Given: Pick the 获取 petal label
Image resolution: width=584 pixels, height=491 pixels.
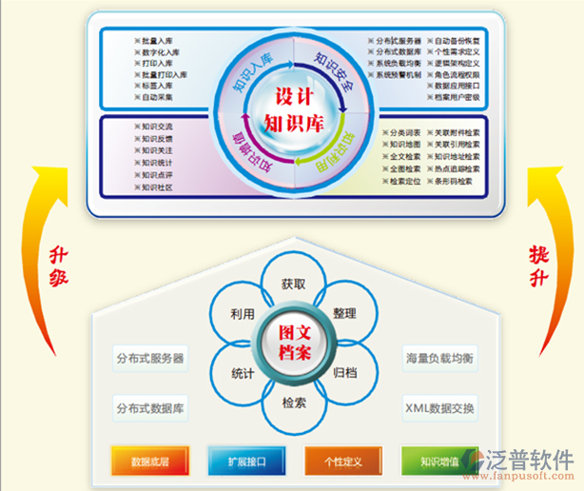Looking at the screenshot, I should pyautogui.click(x=293, y=284).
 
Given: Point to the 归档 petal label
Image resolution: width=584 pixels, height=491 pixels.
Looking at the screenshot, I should pyautogui.click(x=344, y=373).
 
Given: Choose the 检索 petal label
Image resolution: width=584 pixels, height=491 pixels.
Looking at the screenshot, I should pyautogui.click(x=293, y=403).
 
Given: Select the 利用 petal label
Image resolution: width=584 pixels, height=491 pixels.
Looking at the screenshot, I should pyautogui.click(x=243, y=313).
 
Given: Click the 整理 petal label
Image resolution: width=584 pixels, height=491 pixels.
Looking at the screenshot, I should pyautogui.click(x=344, y=313).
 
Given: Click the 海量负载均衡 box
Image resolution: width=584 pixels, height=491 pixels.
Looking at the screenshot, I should pyautogui.click(x=439, y=359).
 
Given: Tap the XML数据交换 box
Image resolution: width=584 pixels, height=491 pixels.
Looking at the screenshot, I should pyautogui.click(x=439, y=408).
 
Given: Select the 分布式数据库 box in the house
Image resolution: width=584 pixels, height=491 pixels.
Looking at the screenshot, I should pyautogui.click(x=150, y=408).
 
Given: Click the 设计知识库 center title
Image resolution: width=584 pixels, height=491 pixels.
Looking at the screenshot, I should pyautogui.click(x=293, y=110).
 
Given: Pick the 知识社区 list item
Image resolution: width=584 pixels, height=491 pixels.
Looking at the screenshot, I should pyautogui.click(x=155, y=187).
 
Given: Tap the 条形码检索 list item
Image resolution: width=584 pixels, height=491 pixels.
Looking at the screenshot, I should pyautogui.click(x=453, y=181).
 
